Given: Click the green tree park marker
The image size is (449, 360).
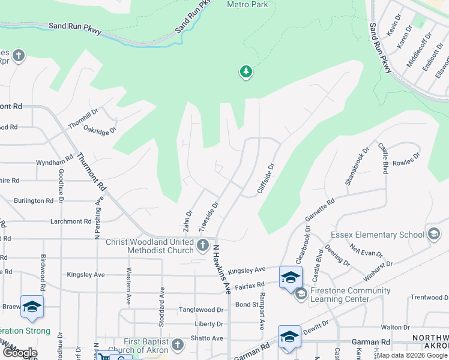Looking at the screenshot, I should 246,73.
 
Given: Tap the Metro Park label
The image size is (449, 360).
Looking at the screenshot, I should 247,4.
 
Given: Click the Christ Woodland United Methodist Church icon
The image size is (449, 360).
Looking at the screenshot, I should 203,245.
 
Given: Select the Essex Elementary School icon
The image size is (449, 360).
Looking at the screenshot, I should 433,235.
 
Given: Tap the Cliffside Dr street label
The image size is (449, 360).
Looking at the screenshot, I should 266,179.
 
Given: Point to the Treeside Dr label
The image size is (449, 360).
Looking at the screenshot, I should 208,215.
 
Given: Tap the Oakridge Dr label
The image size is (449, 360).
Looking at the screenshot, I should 99,128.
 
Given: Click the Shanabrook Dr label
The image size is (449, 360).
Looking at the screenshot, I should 357,166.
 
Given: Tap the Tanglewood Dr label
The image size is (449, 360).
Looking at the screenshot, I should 201,310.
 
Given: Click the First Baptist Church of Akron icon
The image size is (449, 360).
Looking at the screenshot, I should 178,345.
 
